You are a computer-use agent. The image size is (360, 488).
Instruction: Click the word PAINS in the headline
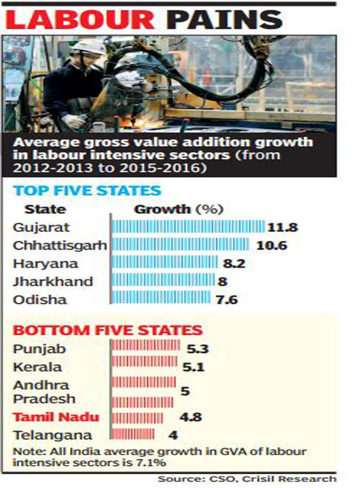pos(224,20)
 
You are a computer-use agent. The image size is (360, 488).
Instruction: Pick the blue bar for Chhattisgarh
pos(181,245)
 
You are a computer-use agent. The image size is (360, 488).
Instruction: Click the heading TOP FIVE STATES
pos(87,191)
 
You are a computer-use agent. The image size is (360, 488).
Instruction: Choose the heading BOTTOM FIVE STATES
pos(107,330)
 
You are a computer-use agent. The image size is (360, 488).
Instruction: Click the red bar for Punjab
pos(145,345)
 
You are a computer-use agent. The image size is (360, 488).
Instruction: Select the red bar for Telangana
pos(133,434)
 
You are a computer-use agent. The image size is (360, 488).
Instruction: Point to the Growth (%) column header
pos(178,209)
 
